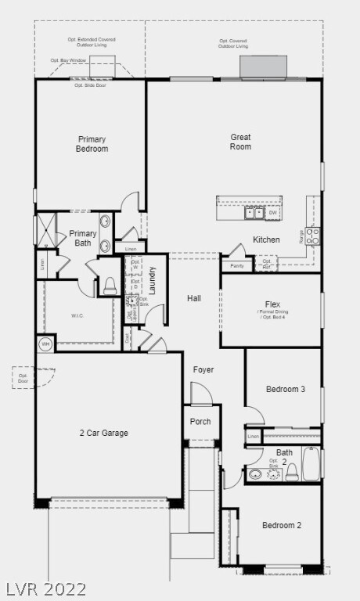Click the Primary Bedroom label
(x=92, y=144)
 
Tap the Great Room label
(x=240, y=142)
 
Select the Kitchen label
(x=266, y=239)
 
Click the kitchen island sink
(x=254, y=213)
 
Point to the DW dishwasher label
(x=273, y=213)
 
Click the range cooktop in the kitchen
(x=312, y=236)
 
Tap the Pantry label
(x=236, y=266)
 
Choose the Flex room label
(x=272, y=304)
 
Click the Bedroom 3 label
(x=285, y=389)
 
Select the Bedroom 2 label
(x=282, y=525)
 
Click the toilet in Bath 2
(x=291, y=473)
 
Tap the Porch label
(x=200, y=422)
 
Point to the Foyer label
(x=203, y=369)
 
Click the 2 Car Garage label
(x=103, y=433)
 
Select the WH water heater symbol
(x=45, y=344)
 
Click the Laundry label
(x=153, y=280)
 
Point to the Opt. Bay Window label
(x=68, y=60)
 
